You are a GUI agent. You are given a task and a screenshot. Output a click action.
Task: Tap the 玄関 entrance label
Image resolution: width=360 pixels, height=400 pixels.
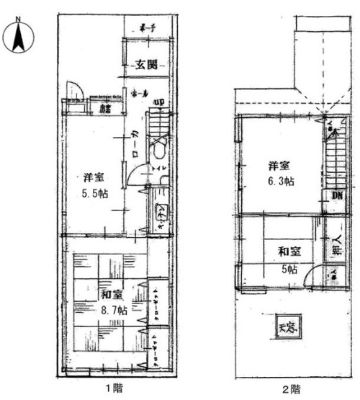coord(147,65)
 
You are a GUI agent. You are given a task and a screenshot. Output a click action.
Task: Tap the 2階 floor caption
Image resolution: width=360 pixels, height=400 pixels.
coord(290,389)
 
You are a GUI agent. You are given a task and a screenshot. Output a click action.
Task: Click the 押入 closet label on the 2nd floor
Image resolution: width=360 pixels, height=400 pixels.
coord(336,246)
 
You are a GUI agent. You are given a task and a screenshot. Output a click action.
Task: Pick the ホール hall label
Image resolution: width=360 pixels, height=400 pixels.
coord(140,94)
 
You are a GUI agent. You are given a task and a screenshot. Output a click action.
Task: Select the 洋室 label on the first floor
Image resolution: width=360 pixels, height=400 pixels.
coord(91,177)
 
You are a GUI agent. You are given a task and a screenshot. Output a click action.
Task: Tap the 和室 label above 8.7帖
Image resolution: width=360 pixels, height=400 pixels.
coord(110,295)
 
